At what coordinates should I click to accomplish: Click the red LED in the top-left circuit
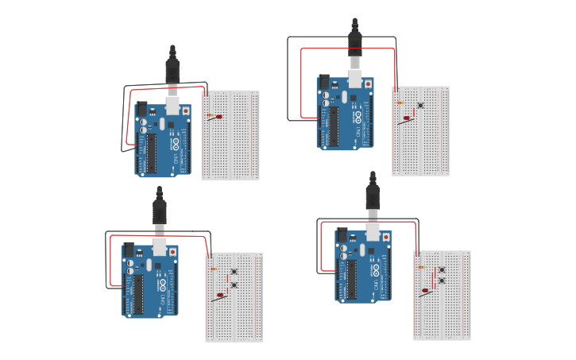218,117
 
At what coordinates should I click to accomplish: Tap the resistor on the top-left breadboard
211,115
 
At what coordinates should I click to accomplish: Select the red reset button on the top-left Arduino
186,111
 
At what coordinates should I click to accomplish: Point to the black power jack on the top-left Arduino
142,109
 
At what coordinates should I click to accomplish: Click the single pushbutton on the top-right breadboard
420,105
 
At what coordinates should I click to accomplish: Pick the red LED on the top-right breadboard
407,118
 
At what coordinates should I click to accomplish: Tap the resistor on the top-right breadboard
399,103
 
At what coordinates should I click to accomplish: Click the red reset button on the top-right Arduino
368,83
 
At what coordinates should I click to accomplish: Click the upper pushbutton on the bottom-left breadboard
234,273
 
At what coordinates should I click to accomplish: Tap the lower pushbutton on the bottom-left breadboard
234,285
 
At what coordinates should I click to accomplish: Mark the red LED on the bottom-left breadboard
220,296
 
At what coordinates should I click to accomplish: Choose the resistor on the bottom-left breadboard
213,269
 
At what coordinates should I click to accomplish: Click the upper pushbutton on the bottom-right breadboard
442,270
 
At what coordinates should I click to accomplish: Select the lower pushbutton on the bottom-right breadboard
442,281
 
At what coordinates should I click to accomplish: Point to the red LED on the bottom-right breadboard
427,292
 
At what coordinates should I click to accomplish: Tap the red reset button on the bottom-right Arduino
386,237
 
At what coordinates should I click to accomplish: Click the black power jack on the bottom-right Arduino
342,235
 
